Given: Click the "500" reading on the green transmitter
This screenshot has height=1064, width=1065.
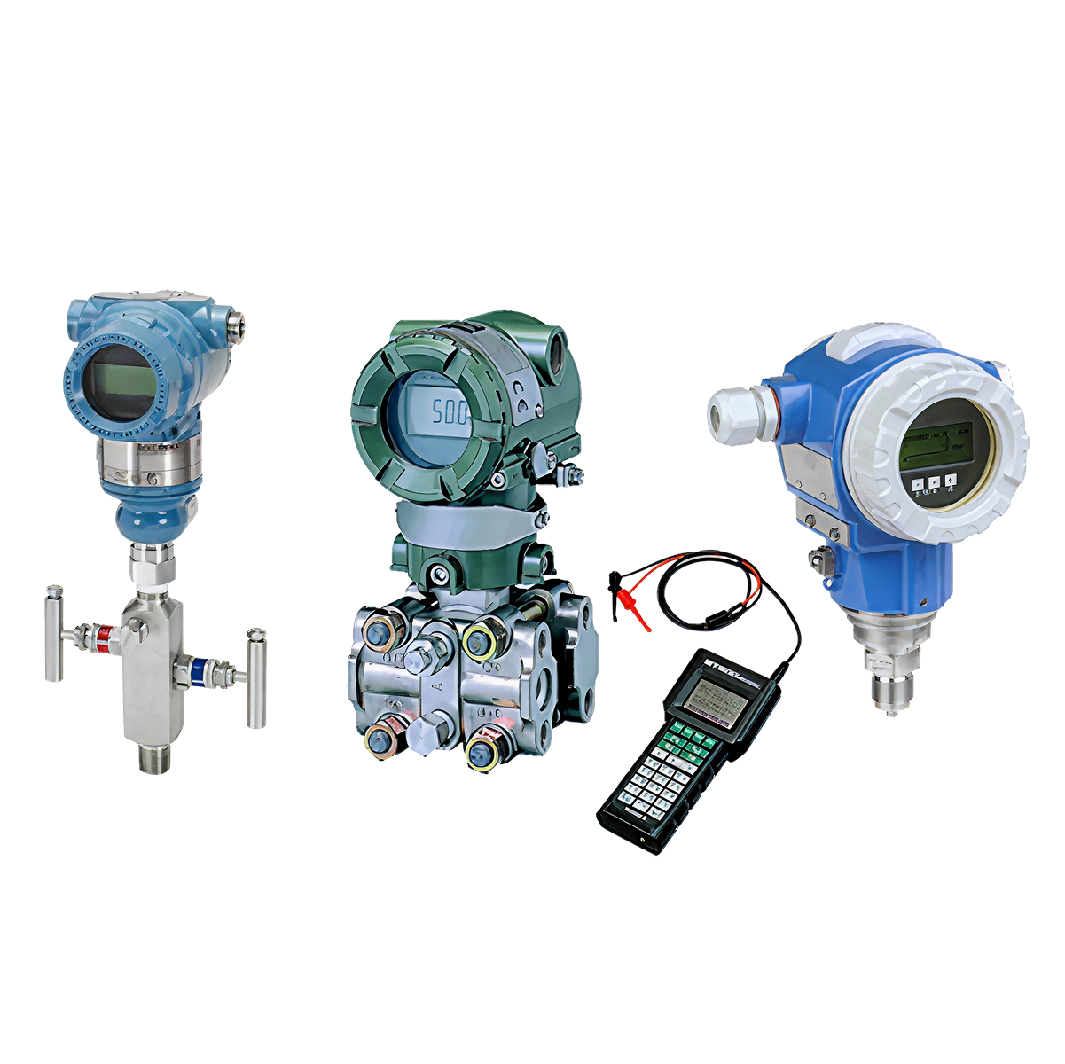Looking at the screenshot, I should coord(450,411).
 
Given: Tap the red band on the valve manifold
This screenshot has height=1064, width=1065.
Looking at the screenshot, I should coord(106,635).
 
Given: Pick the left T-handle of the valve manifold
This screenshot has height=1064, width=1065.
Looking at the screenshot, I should coord(53,632).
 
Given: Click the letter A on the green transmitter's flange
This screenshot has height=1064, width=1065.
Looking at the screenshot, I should coord(437,687).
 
